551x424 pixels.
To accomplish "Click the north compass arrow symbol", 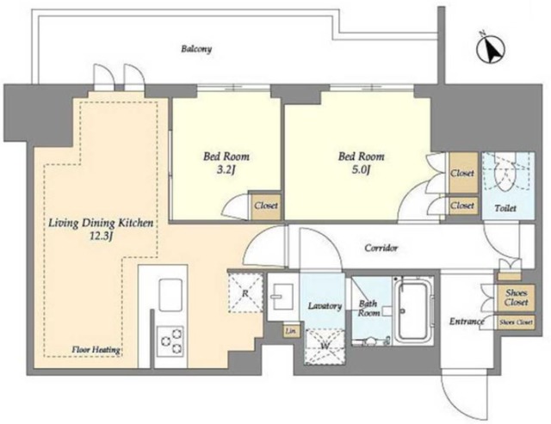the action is (x=491, y=48).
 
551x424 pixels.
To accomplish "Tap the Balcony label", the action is (x=196, y=49).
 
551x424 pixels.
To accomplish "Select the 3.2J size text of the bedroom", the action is (x=226, y=170).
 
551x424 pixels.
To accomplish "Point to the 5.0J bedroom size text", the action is (x=361, y=170).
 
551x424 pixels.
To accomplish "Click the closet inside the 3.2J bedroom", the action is (x=266, y=206).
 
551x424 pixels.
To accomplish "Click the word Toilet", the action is (x=505, y=208).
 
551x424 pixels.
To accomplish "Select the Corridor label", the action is (x=381, y=249).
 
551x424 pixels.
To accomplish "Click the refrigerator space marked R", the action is (x=245, y=292).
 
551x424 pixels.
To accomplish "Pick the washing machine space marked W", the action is (x=325, y=346).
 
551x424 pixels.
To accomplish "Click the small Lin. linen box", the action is (x=291, y=330).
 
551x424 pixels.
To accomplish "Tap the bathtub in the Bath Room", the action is (x=413, y=310).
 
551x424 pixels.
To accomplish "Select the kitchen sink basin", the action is (x=170, y=294).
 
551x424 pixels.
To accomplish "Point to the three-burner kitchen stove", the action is (x=170, y=341).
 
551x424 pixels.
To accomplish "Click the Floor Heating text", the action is (x=96, y=350).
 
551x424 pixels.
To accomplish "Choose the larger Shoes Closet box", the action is (x=517, y=298).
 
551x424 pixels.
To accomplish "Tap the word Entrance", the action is (x=467, y=321).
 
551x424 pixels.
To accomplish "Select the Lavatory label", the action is (x=325, y=306).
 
